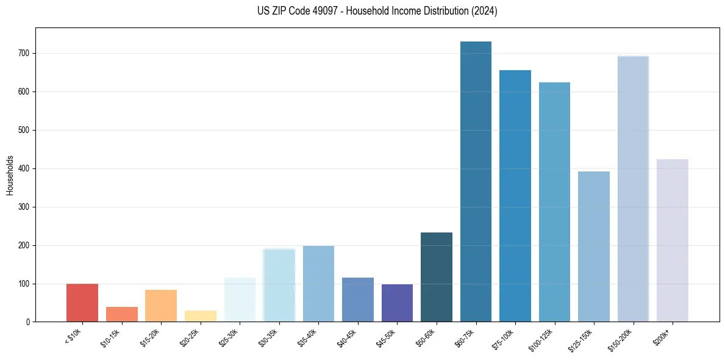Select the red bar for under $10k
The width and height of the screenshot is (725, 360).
coord(82,303)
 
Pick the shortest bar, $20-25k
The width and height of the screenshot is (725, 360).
coord(201,316)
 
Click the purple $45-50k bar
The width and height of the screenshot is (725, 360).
coord(397,303)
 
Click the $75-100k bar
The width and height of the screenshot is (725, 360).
coord(515,196)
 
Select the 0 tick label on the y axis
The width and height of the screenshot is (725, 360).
coord(29,322)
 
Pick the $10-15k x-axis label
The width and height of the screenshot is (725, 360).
coord(111,337)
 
